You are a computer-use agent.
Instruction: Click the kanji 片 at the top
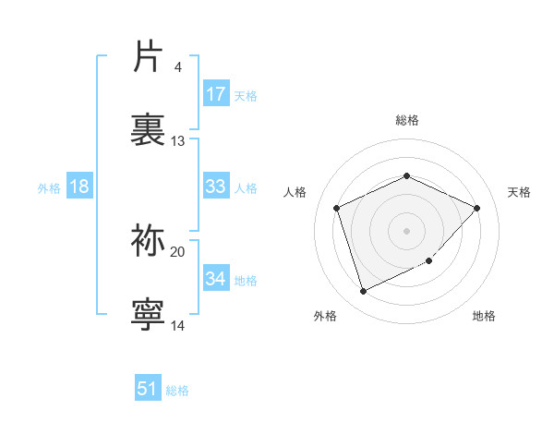click(149, 57)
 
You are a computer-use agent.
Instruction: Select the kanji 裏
click(149, 129)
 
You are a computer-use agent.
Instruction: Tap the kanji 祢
click(149, 241)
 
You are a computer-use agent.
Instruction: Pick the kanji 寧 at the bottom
click(149, 314)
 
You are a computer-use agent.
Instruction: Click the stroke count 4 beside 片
click(177, 67)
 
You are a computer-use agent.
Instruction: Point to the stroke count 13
click(178, 141)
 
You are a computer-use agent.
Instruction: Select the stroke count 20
click(178, 251)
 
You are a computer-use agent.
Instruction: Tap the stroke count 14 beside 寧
click(178, 325)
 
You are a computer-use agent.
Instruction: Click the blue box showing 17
click(215, 94)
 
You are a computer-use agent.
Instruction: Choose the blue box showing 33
click(215, 187)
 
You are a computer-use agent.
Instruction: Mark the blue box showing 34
click(215, 278)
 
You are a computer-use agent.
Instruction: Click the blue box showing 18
click(79, 187)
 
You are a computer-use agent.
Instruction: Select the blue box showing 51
click(148, 389)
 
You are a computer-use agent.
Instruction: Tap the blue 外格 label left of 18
click(49, 188)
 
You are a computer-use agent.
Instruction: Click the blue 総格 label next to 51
click(177, 391)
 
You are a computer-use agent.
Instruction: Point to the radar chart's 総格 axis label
click(406, 121)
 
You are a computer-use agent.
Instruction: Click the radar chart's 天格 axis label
click(519, 192)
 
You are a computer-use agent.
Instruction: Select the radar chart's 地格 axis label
click(484, 317)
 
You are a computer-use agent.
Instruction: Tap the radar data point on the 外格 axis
click(363, 292)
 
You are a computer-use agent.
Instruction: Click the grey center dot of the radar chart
click(406, 231)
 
